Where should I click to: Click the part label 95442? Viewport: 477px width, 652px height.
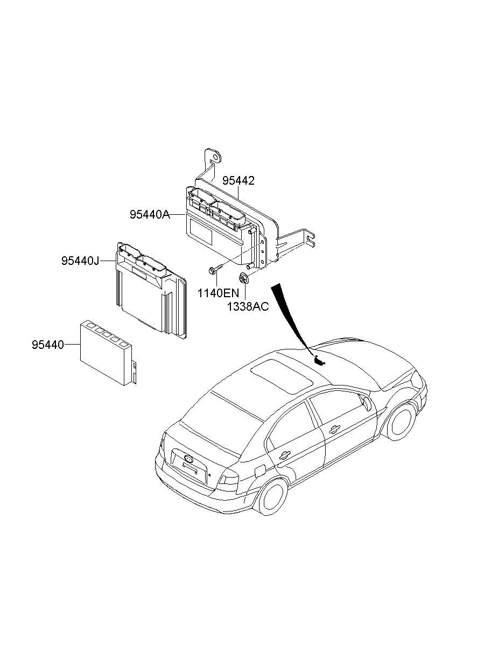point(238,181)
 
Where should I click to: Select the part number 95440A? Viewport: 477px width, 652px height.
point(149,215)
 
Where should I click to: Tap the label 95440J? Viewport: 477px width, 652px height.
point(80,261)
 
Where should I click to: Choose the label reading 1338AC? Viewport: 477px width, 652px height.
point(247,306)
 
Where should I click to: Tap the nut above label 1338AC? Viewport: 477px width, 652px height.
point(243,278)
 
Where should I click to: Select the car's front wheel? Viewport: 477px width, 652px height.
point(402,420)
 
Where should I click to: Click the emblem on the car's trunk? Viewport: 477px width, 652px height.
point(188,458)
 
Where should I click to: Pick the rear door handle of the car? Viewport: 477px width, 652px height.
point(284,455)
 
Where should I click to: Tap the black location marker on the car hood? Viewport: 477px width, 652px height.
point(319,360)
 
